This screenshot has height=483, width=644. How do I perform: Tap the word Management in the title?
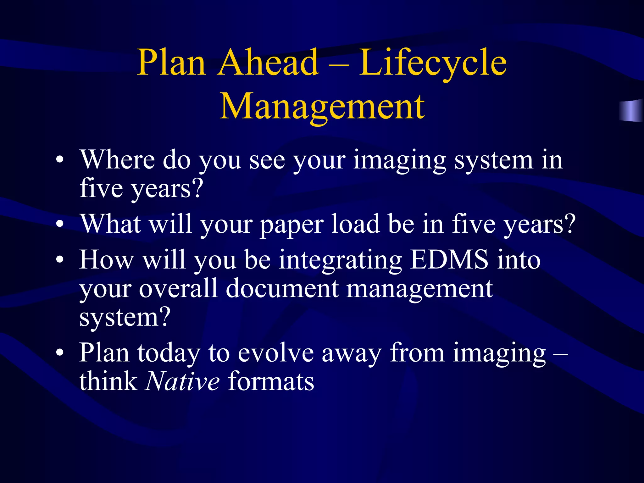[x=322, y=107]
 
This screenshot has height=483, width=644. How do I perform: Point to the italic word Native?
[x=182, y=381]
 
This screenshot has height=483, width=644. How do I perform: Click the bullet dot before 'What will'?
[x=60, y=225]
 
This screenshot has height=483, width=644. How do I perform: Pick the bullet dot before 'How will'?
[x=60, y=260]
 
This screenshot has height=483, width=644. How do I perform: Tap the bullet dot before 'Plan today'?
[x=60, y=353]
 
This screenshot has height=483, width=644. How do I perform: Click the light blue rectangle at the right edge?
[x=631, y=110]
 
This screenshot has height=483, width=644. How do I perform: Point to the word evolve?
[x=275, y=353]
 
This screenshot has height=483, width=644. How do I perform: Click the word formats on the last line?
[x=271, y=381]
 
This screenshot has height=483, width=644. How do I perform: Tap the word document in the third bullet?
[x=282, y=289]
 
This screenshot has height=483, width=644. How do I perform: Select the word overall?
[x=178, y=289]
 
